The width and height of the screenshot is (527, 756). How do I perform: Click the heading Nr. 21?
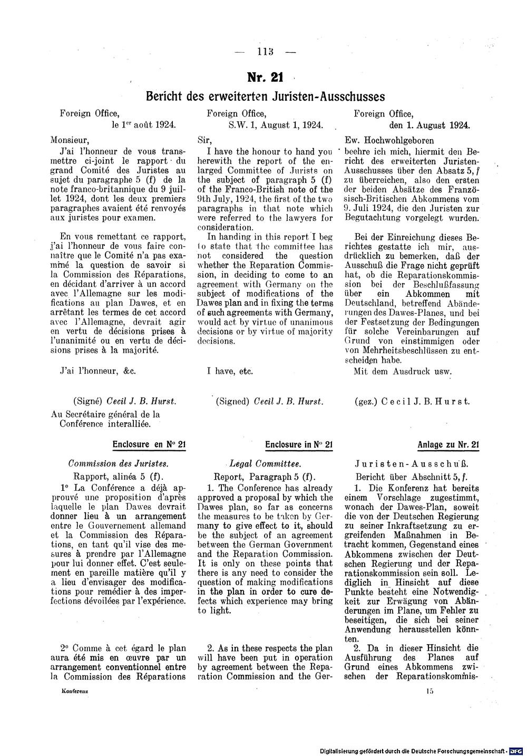click(266, 77)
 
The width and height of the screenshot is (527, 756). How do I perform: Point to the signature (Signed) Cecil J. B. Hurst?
click(269, 401)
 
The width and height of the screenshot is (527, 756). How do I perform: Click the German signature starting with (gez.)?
click(412, 401)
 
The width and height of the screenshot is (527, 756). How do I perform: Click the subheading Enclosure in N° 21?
click(299, 444)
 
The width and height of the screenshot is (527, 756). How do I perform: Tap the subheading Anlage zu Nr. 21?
click(448, 444)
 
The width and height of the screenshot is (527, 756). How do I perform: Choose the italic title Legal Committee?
click(266, 464)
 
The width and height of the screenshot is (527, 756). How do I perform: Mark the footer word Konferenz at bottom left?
click(74, 690)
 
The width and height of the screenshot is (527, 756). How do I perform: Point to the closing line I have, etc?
click(230, 371)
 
